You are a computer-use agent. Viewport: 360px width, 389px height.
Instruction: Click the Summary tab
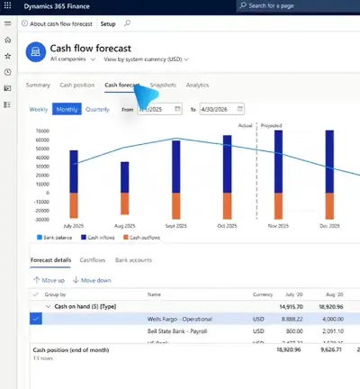pos(38,85)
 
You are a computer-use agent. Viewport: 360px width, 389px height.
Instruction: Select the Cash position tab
pos(77,85)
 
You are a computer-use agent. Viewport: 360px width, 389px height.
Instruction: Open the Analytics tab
pos(197,85)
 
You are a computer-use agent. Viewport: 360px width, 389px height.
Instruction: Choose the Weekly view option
pos(39,109)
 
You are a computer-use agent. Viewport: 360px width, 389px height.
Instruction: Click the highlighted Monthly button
pos(67,109)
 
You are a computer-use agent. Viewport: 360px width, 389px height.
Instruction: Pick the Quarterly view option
pos(97,109)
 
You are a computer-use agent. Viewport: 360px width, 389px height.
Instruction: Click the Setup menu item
pos(108,23)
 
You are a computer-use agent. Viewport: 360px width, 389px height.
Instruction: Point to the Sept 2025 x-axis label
pos(175,224)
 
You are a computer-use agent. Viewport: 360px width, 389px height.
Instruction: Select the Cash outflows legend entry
pos(142,238)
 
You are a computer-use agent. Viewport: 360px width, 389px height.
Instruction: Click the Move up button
pos(48,280)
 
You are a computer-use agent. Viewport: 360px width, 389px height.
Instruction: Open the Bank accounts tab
pos(135,259)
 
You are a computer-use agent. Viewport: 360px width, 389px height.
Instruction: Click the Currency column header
pos(263,294)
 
